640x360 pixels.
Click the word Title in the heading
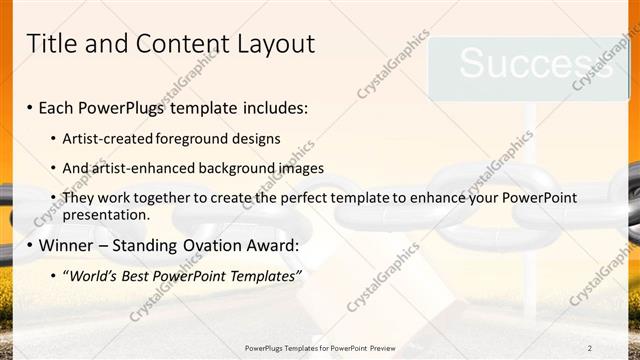50,44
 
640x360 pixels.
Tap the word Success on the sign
521,64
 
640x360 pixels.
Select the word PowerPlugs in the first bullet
117,105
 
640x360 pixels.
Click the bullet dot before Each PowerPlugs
30,106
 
